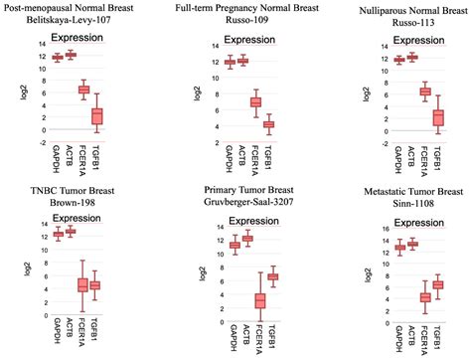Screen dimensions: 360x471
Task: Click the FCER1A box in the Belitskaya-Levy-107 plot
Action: (x=84, y=90)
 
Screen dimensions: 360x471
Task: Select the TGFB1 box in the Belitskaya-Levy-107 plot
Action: (x=97, y=116)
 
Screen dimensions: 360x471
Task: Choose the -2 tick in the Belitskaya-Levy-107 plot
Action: (x=38, y=141)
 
